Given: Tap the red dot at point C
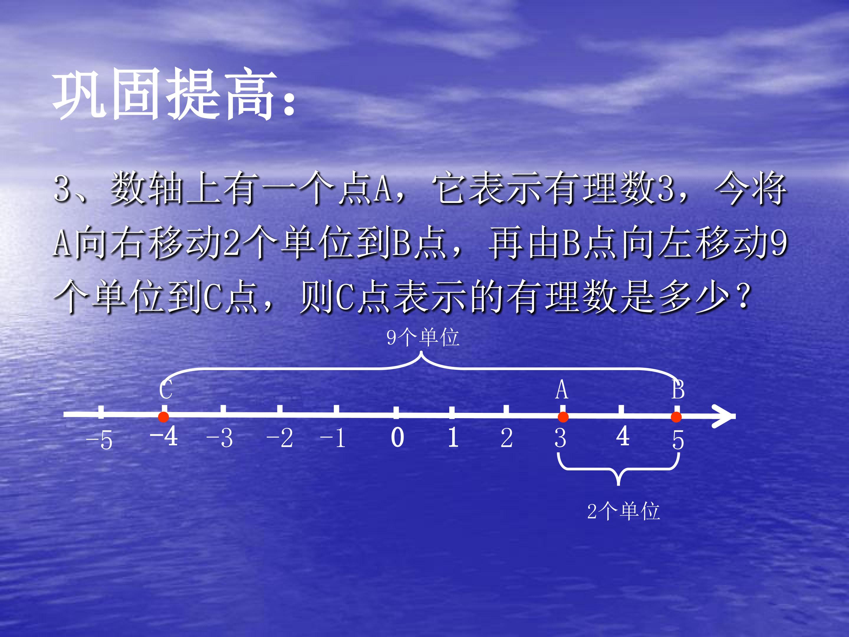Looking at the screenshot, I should [164, 417].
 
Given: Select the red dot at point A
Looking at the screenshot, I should [563, 417].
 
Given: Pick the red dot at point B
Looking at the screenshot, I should [676, 417].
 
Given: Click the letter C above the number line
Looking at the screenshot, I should [166, 390].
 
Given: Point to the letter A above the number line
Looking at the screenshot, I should [562, 390].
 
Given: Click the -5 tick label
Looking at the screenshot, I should [99, 440].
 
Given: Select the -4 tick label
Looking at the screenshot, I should [164, 437].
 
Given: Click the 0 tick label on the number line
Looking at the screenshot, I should [397, 437].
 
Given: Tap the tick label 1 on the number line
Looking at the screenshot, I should [453, 437].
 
